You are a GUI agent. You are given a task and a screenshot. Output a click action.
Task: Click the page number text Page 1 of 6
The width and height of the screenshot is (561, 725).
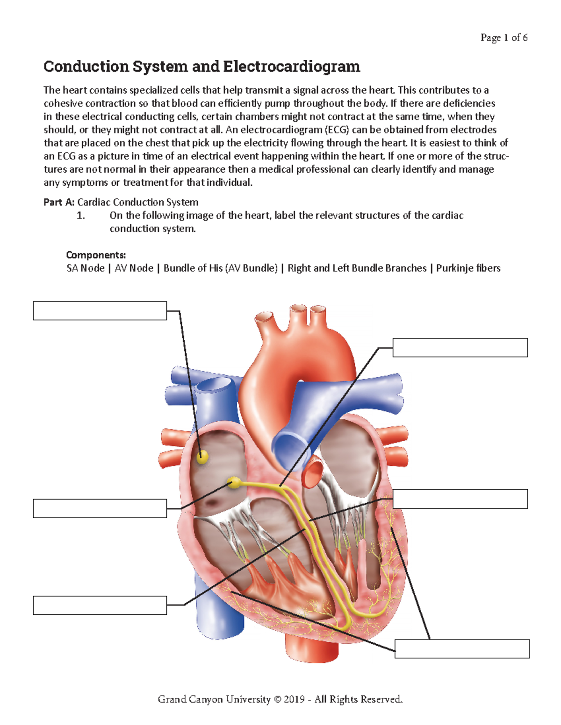point(503,38)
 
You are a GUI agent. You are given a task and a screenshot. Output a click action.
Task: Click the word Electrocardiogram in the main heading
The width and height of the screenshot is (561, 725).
point(291,67)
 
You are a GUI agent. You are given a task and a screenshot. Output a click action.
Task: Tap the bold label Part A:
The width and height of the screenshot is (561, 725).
point(59,202)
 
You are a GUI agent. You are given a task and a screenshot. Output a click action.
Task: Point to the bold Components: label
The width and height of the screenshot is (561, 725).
point(96,255)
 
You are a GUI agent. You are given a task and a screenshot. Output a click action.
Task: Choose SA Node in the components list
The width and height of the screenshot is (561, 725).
point(86,268)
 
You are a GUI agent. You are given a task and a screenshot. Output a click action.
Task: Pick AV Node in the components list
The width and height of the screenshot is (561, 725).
point(134,268)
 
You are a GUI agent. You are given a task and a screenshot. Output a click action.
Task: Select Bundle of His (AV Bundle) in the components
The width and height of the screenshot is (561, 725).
point(220,268)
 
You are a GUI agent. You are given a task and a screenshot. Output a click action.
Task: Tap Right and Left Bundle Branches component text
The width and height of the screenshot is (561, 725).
point(357,268)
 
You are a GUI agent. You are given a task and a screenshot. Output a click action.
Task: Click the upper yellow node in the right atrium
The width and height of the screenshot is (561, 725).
point(202,457)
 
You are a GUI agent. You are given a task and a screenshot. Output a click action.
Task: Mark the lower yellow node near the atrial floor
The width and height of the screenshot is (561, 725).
point(233,482)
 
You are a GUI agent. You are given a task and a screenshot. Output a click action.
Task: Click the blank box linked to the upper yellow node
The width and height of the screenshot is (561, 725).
point(100,310)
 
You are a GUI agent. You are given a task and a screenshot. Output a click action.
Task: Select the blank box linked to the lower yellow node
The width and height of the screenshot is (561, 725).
point(100,508)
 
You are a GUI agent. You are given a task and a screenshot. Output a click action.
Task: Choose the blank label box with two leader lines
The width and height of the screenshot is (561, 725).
point(462,649)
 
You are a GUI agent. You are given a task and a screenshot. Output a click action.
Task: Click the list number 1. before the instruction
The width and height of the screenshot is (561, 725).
point(81,216)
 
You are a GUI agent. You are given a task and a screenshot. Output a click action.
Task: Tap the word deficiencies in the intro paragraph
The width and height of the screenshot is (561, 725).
point(469,103)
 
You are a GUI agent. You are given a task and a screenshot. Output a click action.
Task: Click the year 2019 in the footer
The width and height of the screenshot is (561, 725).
point(294,699)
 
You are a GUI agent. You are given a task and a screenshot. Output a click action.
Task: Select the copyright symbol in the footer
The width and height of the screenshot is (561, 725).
point(277,699)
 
